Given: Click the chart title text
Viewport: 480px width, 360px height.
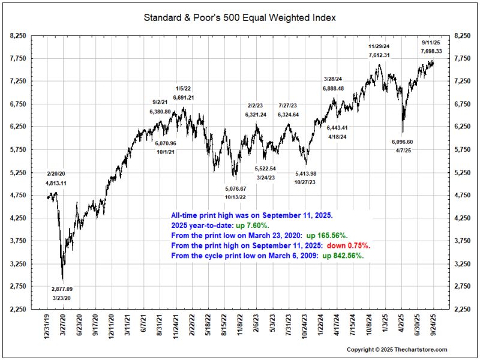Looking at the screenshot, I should [x=239, y=17].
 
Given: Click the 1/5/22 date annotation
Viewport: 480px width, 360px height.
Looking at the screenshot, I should [x=184, y=89].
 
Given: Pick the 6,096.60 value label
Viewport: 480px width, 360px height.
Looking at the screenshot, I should [x=402, y=142].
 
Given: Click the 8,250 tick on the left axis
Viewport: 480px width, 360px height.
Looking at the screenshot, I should [x=19, y=36].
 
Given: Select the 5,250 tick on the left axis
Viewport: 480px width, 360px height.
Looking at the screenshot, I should [x=19, y=173].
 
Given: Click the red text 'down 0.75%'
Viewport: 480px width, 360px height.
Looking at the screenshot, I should [x=349, y=245].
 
